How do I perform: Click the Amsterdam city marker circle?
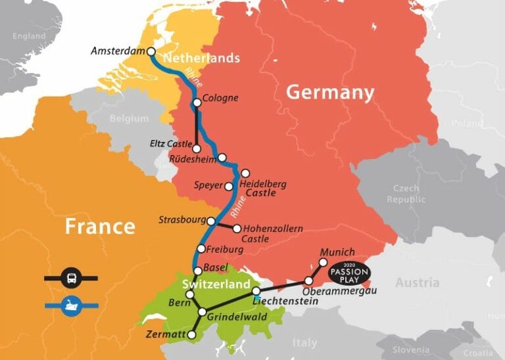(x=151, y=51)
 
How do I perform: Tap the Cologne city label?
(x=220, y=99)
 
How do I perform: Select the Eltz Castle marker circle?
(x=197, y=148)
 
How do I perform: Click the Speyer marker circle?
(x=229, y=187)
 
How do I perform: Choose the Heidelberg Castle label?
(x=262, y=189)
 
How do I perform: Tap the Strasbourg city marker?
(x=211, y=221)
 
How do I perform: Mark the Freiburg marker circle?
(x=201, y=250)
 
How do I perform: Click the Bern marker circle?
(x=190, y=295)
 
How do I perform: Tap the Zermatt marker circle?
(x=191, y=335)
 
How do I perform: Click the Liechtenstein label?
(x=285, y=301)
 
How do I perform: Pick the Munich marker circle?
(x=323, y=262)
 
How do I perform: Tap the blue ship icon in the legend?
(x=70, y=305)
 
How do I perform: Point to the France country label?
(x=99, y=227)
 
